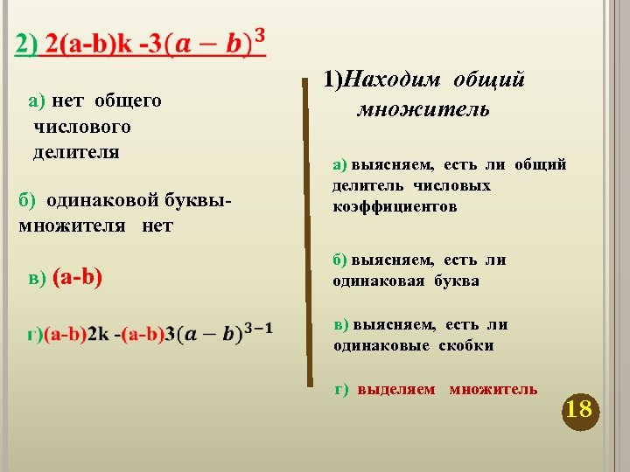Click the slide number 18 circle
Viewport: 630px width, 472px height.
(x=578, y=409)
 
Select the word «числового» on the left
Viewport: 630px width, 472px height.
(x=82, y=127)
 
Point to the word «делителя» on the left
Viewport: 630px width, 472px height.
(x=76, y=153)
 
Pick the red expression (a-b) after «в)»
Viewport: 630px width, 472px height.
(x=78, y=278)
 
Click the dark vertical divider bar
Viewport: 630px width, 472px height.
(x=308, y=232)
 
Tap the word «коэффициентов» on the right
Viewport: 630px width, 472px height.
(x=395, y=207)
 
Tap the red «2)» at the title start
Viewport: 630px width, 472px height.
(x=27, y=47)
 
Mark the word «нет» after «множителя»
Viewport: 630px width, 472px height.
(x=158, y=226)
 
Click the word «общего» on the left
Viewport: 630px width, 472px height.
(x=128, y=101)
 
